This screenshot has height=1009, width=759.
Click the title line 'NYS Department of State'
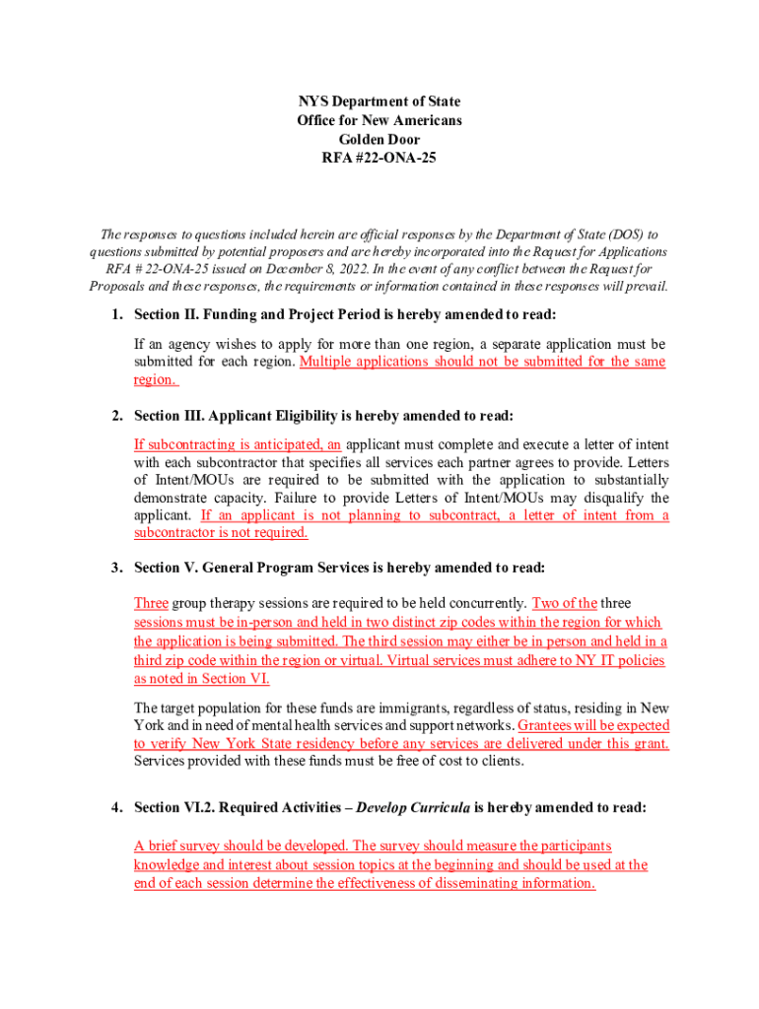pyautogui.click(x=379, y=101)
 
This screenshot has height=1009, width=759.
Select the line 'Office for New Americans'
pyautogui.click(x=379, y=120)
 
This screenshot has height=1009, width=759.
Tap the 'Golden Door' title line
pyautogui.click(x=379, y=140)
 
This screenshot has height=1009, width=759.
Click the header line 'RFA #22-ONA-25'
pyautogui.click(x=379, y=159)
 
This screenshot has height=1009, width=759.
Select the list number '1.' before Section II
pyautogui.click(x=115, y=314)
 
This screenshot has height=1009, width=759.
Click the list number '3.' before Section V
pyautogui.click(x=115, y=568)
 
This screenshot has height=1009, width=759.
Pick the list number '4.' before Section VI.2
pyautogui.click(x=115, y=808)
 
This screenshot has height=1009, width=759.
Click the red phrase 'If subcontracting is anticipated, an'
pyautogui.click(x=238, y=443)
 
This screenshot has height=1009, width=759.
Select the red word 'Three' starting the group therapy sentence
pyautogui.click(x=151, y=603)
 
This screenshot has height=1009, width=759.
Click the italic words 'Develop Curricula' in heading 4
pyautogui.click(x=413, y=808)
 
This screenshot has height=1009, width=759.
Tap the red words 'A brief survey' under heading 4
pyautogui.click(x=176, y=845)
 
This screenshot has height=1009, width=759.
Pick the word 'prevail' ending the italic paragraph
pyautogui.click(x=643, y=287)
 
